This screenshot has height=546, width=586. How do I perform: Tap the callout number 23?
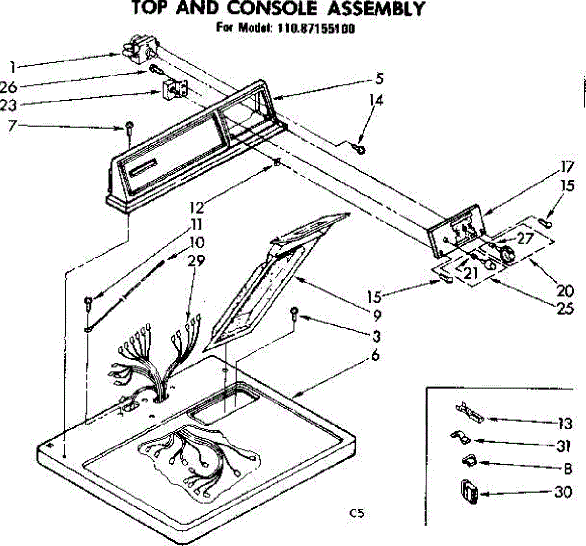coord(9,105)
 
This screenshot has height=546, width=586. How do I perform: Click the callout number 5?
coord(379,79)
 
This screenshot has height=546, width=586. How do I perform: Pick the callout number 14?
coord(376,101)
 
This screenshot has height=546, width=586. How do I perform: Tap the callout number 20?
coord(565,291)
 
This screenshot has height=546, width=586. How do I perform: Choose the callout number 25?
coord(565,308)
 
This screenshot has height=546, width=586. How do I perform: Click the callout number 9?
coord(376,316)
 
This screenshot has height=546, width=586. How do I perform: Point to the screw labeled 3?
coord(294,313)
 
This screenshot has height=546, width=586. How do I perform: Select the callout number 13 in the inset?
coord(565,424)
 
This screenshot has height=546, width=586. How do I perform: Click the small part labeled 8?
coord(468,460)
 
